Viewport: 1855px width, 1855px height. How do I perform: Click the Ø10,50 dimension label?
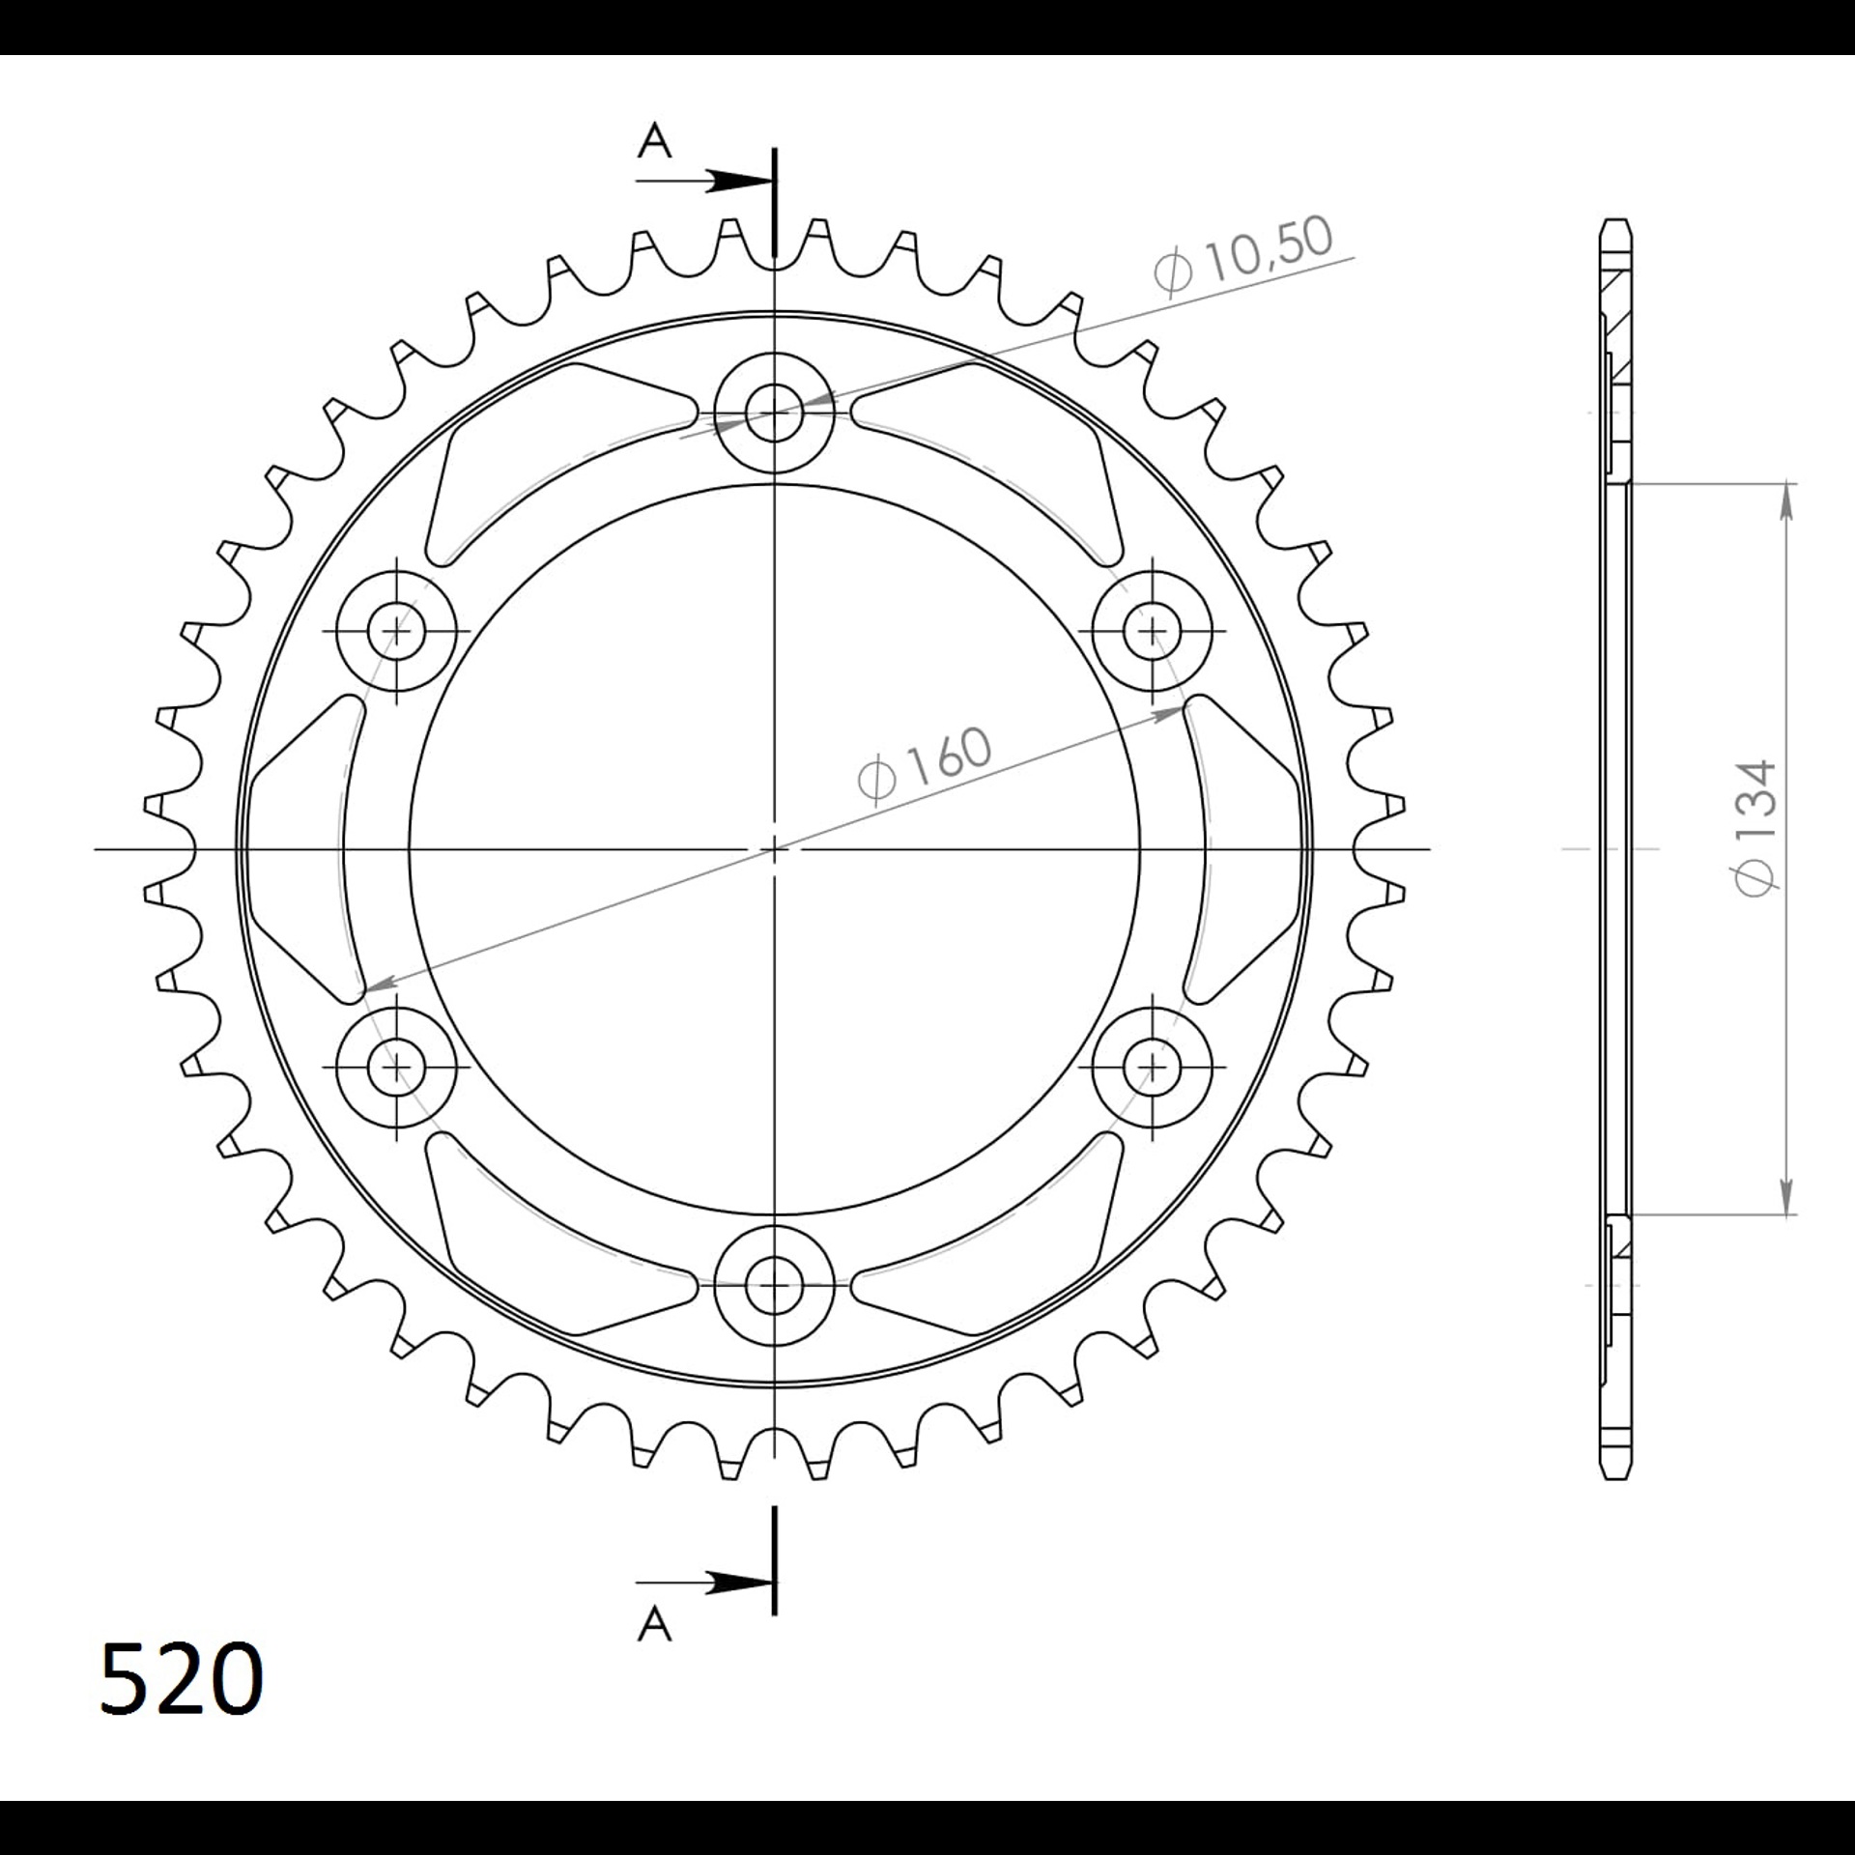point(1243,254)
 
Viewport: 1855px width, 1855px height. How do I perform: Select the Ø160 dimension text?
point(925,764)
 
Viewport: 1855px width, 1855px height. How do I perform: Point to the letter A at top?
point(654,141)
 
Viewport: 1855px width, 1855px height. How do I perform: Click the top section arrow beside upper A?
point(704,181)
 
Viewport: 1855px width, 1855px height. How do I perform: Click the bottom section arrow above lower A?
point(704,1583)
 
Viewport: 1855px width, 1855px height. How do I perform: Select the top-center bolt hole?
point(774,413)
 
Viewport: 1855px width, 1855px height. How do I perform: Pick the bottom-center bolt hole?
point(774,1285)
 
